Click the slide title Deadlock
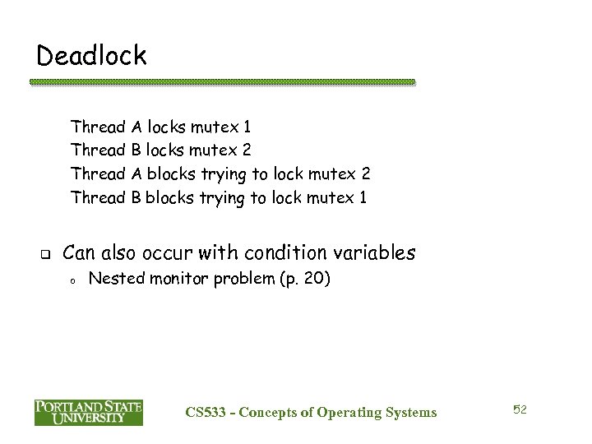(92, 55)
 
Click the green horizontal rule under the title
(222, 82)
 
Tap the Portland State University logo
(89, 411)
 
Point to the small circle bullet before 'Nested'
(72, 281)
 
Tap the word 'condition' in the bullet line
(262, 252)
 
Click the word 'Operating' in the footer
(349, 413)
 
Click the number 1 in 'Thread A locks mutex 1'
(247, 127)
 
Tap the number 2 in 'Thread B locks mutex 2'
(247, 150)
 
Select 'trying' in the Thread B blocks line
(222, 198)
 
